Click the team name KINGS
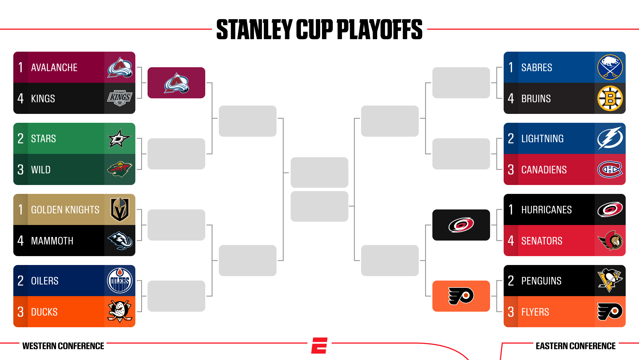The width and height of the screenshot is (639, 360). pyautogui.click(x=43, y=99)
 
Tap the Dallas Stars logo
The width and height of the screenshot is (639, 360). pyautogui.click(x=120, y=138)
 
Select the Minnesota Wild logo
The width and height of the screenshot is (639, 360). pyautogui.click(x=120, y=169)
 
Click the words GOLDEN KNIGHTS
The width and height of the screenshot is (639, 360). pyautogui.click(x=65, y=210)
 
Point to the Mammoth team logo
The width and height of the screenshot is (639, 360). pyautogui.click(x=120, y=241)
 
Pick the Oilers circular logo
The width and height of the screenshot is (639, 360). pyautogui.click(x=120, y=281)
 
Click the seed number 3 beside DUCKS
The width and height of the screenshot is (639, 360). pyautogui.click(x=21, y=312)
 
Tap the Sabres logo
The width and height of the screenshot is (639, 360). pyautogui.click(x=610, y=67)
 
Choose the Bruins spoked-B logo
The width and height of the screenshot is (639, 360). pyautogui.click(x=610, y=98)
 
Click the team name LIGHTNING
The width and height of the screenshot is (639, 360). pyautogui.click(x=542, y=139)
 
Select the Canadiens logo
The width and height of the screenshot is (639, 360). pyautogui.click(x=610, y=169)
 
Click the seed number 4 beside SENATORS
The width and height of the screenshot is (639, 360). pyautogui.click(x=511, y=241)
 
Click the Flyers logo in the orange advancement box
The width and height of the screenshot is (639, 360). pyautogui.click(x=461, y=296)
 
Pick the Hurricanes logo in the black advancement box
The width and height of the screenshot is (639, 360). pyautogui.click(x=461, y=225)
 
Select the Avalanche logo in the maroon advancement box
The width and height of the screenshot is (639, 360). pyautogui.click(x=176, y=83)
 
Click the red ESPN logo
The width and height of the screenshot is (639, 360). pyautogui.click(x=319, y=346)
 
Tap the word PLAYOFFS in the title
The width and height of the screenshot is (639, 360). pyautogui.click(x=380, y=29)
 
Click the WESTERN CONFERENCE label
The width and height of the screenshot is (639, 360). pyautogui.click(x=63, y=346)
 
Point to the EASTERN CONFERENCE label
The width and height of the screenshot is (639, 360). pyautogui.click(x=576, y=346)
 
